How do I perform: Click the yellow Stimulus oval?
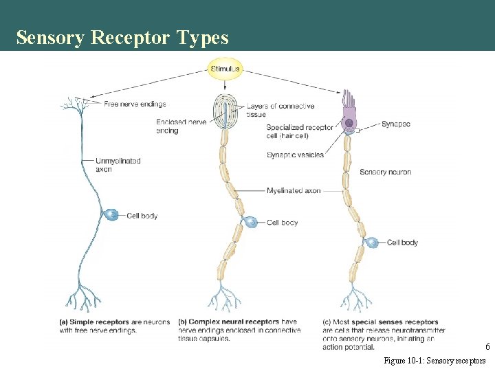tap(225, 69)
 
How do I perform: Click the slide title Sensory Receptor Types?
tap(122, 38)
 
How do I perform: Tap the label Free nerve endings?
tap(135, 104)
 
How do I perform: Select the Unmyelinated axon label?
tap(118, 165)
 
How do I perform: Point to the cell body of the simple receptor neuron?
tap(111, 215)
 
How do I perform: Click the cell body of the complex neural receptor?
tap(252, 223)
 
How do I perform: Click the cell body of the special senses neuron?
tap(371, 243)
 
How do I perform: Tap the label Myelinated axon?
tap(294, 190)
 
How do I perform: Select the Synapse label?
tap(395, 124)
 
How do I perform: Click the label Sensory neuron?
tap(385, 172)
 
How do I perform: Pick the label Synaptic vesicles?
tap(295, 155)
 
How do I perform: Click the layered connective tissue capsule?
tap(225, 111)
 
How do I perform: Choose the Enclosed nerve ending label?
tap(181, 126)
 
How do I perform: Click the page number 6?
tap(487, 347)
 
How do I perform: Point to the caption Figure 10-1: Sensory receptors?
tap(434, 361)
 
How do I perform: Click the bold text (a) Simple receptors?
tap(96, 322)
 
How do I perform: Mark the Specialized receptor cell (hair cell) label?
tap(299, 131)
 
